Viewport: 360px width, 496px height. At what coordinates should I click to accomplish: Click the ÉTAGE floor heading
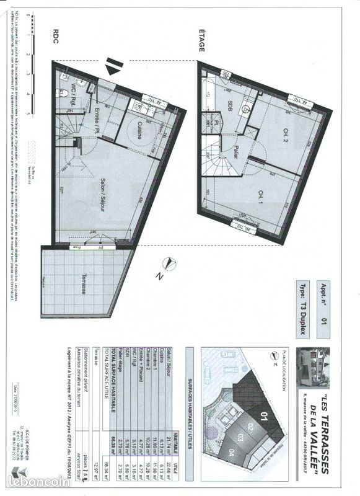click(x=202, y=38)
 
